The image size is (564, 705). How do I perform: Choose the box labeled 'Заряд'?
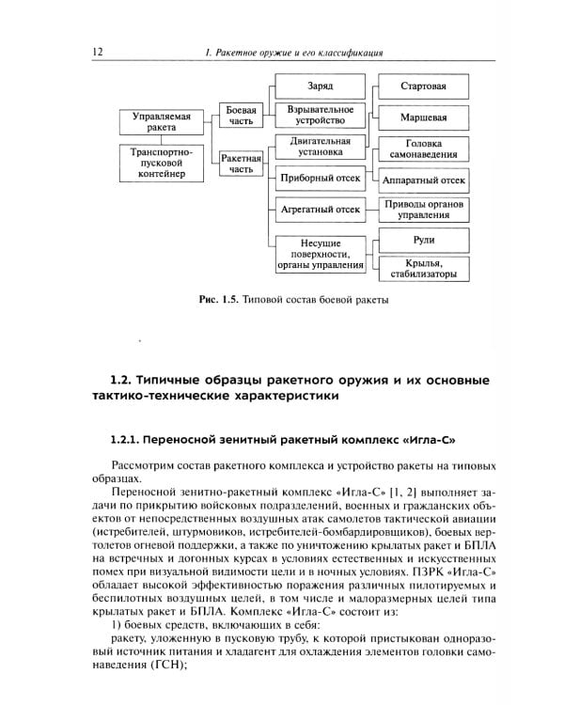(x=320, y=86)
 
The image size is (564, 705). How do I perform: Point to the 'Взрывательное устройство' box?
(x=320, y=116)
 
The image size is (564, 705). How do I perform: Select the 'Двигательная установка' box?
(x=320, y=147)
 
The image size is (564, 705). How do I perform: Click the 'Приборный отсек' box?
(x=320, y=177)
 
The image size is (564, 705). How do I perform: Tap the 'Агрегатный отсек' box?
(x=320, y=209)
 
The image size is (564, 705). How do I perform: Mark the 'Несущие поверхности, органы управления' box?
(x=320, y=254)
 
